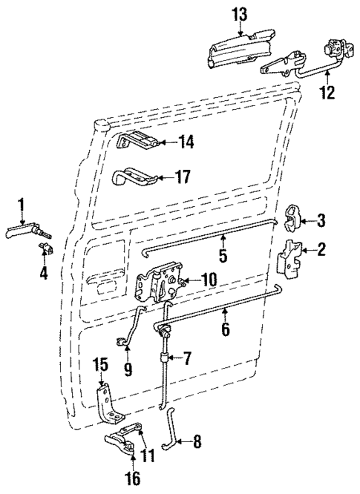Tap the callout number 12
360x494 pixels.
pos(327,94)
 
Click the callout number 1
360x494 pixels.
pos(22,204)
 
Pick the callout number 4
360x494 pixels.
pos(44,273)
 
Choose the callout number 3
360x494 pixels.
pos(321,220)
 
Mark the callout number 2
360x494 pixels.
pos(321,250)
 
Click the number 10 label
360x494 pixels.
pos(207,280)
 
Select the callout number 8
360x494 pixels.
pos(197,444)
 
